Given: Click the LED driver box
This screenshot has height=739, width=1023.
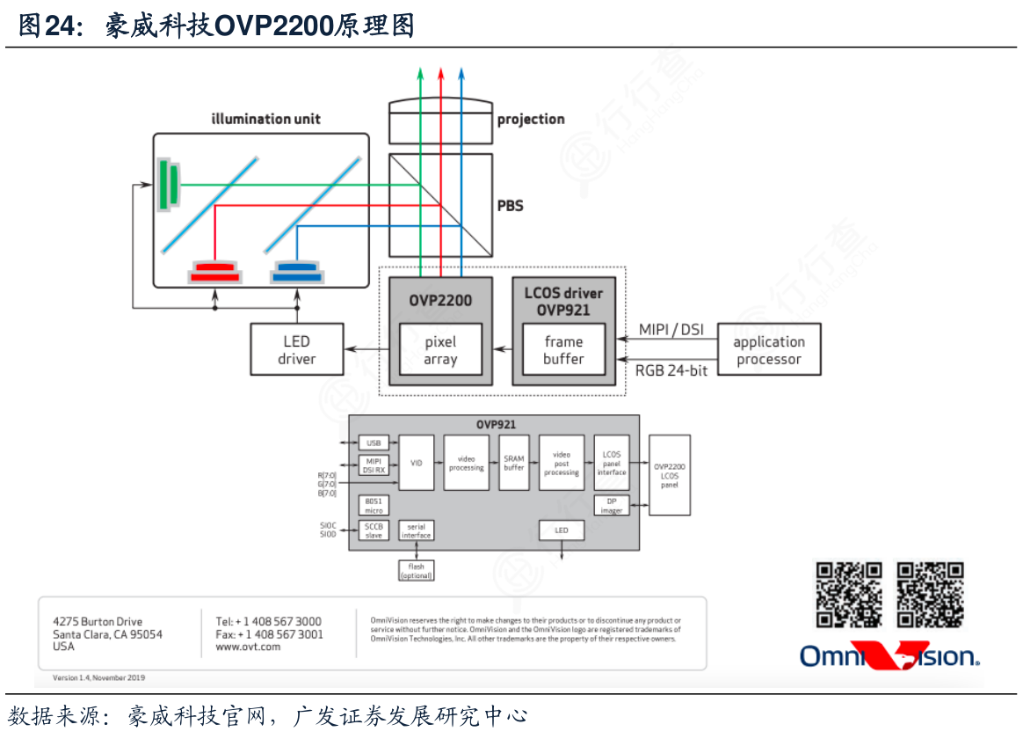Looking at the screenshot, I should [x=296, y=350].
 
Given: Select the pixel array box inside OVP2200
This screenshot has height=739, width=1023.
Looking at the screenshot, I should [x=440, y=350].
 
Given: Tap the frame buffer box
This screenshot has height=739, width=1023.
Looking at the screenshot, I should [x=563, y=350].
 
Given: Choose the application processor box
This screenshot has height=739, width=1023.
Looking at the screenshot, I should [x=769, y=350].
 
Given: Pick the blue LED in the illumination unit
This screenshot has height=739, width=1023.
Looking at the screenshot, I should [x=296, y=272].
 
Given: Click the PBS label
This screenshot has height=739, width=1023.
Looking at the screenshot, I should [x=510, y=206].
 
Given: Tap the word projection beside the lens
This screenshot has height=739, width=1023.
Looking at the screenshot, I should [x=531, y=120].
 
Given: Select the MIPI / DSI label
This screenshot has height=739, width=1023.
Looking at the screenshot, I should [x=671, y=330].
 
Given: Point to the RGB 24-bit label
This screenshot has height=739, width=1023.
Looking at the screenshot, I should [x=671, y=370].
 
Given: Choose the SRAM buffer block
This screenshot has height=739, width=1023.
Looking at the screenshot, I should [x=513, y=463].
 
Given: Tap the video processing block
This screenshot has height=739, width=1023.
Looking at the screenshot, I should [x=466, y=463].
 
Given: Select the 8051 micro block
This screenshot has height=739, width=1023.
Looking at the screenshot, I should [x=374, y=505].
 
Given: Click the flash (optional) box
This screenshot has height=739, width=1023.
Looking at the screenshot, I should [x=417, y=571].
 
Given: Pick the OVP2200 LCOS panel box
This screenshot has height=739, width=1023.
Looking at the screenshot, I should [x=670, y=474].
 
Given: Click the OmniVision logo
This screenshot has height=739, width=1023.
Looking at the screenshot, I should [x=889, y=656].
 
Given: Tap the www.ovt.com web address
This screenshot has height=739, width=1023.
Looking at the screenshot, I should [x=248, y=647].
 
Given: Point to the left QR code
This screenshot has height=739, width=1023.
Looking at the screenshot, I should [x=849, y=595].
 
